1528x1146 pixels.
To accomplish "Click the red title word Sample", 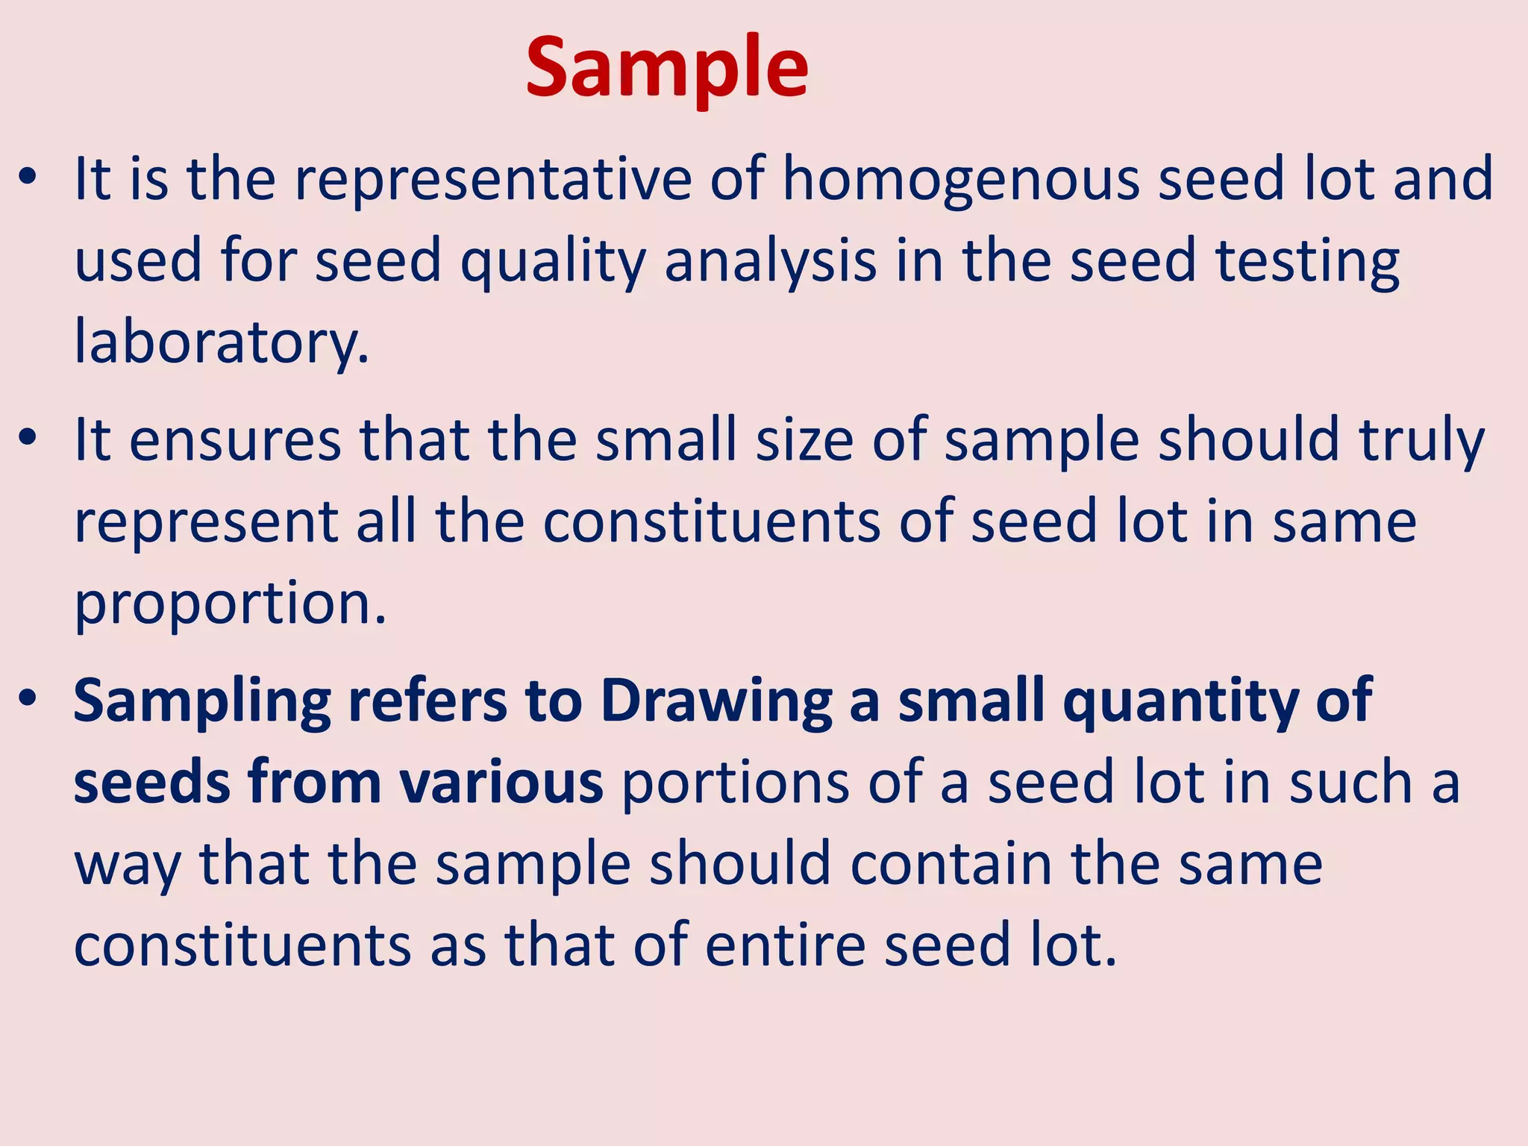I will point(666,69).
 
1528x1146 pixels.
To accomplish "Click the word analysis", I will point(770,261).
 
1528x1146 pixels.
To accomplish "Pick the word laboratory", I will point(222,342).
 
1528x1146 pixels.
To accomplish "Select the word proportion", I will point(230,603).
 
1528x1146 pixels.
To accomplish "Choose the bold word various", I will point(501,782).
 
